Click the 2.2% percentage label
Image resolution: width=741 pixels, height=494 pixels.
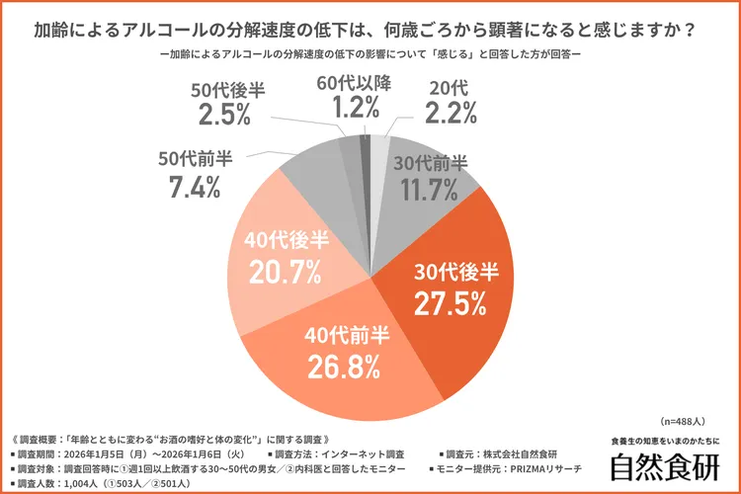[x=453, y=115]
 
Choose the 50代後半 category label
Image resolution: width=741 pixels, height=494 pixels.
[x=229, y=88]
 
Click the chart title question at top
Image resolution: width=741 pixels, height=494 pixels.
[x=370, y=30]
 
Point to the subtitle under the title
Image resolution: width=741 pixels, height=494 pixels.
[x=370, y=55]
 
